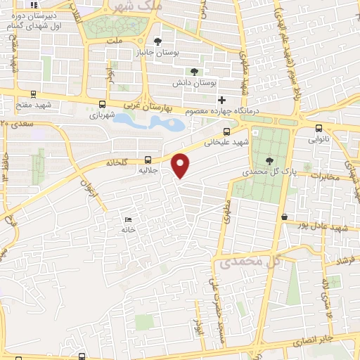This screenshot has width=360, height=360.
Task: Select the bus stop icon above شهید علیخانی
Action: [x=226, y=131]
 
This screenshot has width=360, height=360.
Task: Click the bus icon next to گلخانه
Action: [x=148, y=160]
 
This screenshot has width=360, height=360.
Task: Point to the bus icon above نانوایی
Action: [x=319, y=128]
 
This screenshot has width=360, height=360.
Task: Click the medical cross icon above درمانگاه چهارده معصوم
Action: [x=222, y=99]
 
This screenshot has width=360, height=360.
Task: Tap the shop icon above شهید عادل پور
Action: [x=284, y=217]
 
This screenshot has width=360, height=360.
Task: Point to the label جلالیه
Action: [x=164, y=170]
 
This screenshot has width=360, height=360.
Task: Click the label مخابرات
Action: [x=323, y=176]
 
